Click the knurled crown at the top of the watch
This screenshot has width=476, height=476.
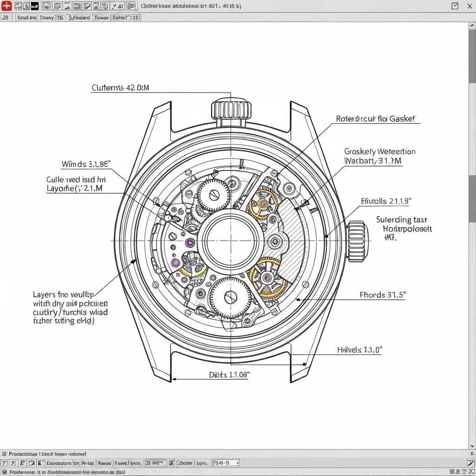(x=231, y=110)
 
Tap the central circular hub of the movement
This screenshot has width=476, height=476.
(x=231, y=241)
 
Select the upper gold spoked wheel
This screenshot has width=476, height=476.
(x=263, y=204)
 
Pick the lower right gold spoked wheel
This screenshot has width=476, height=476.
(x=267, y=278)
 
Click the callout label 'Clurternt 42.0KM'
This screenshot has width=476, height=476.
(x=120, y=87)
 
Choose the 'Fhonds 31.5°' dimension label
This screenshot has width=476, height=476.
(x=383, y=295)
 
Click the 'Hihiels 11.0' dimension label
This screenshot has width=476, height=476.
(x=359, y=350)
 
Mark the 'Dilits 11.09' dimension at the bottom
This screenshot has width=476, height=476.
(x=229, y=374)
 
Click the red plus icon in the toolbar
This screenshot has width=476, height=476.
(x=7, y=6)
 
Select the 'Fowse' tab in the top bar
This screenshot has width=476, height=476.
(x=101, y=18)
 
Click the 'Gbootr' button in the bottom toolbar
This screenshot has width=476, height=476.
(x=185, y=463)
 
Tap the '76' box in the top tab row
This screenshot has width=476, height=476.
(x=60, y=18)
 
